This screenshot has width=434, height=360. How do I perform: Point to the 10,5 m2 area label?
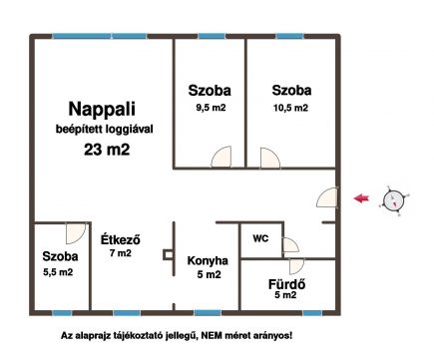click(290, 108)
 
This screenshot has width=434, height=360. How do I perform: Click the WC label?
click(259, 238)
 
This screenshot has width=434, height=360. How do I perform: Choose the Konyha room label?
click(208, 260)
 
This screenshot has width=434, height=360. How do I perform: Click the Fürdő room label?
click(286, 280)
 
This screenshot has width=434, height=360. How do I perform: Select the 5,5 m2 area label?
click(58, 271)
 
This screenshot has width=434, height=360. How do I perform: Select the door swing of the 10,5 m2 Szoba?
click(269, 158)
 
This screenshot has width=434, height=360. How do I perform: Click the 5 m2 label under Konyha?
click(208, 274)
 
